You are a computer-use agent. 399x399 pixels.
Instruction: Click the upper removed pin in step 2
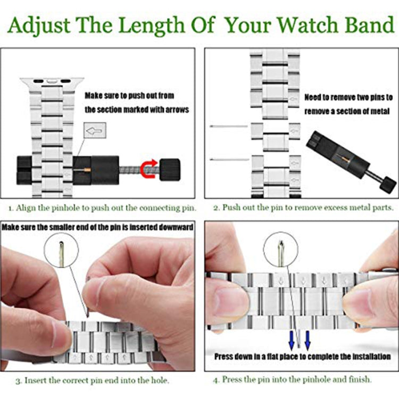(x=229, y=126)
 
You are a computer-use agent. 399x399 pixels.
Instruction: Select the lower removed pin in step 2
(x=229, y=159)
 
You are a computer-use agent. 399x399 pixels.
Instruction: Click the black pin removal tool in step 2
(x=351, y=160)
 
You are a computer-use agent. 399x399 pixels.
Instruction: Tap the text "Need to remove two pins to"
(x=348, y=98)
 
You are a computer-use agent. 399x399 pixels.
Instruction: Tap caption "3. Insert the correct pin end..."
(x=92, y=380)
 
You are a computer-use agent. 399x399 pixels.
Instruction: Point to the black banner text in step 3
(x=97, y=227)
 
